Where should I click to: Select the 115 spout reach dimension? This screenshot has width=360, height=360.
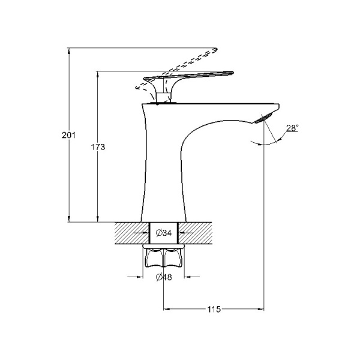[214, 310]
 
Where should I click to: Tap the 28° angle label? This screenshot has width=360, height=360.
[293, 128]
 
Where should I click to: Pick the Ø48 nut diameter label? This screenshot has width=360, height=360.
[164, 277]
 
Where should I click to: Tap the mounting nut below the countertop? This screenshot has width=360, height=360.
[164, 257]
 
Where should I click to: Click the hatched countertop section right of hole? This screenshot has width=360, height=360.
[202, 232]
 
